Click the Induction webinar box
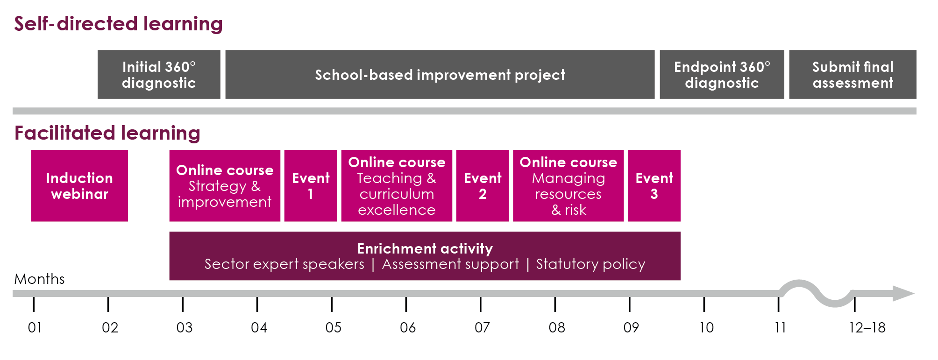(79, 186)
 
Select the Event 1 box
(311, 186)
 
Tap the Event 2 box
(483, 186)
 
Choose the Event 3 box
(654, 186)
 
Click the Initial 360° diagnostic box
(159, 75)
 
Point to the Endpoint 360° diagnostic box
(722, 75)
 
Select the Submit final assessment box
(853, 75)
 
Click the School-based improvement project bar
(440, 75)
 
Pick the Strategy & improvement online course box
(225, 186)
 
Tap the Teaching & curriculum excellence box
(397, 186)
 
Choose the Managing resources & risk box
(568, 186)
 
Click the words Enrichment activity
(425, 248)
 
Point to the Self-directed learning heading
(118, 24)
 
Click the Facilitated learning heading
(107, 133)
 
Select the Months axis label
(40, 279)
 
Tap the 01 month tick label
(35, 327)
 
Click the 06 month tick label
(407, 327)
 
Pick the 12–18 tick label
(867, 327)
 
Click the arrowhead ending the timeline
(903, 294)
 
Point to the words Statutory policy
(590, 264)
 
